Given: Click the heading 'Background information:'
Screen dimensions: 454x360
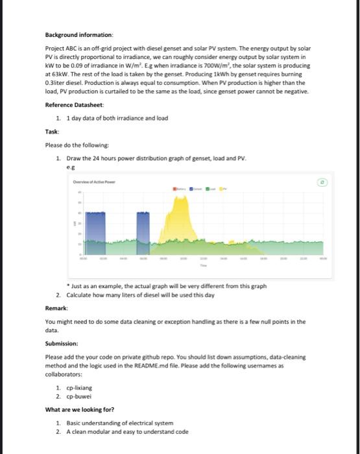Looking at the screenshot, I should (x=79, y=34).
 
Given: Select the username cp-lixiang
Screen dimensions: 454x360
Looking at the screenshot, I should (x=80, y=387).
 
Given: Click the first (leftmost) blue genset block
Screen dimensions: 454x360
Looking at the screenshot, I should (x=96, y=233).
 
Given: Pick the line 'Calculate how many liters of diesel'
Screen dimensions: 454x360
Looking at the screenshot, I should (x=123, y=295).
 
